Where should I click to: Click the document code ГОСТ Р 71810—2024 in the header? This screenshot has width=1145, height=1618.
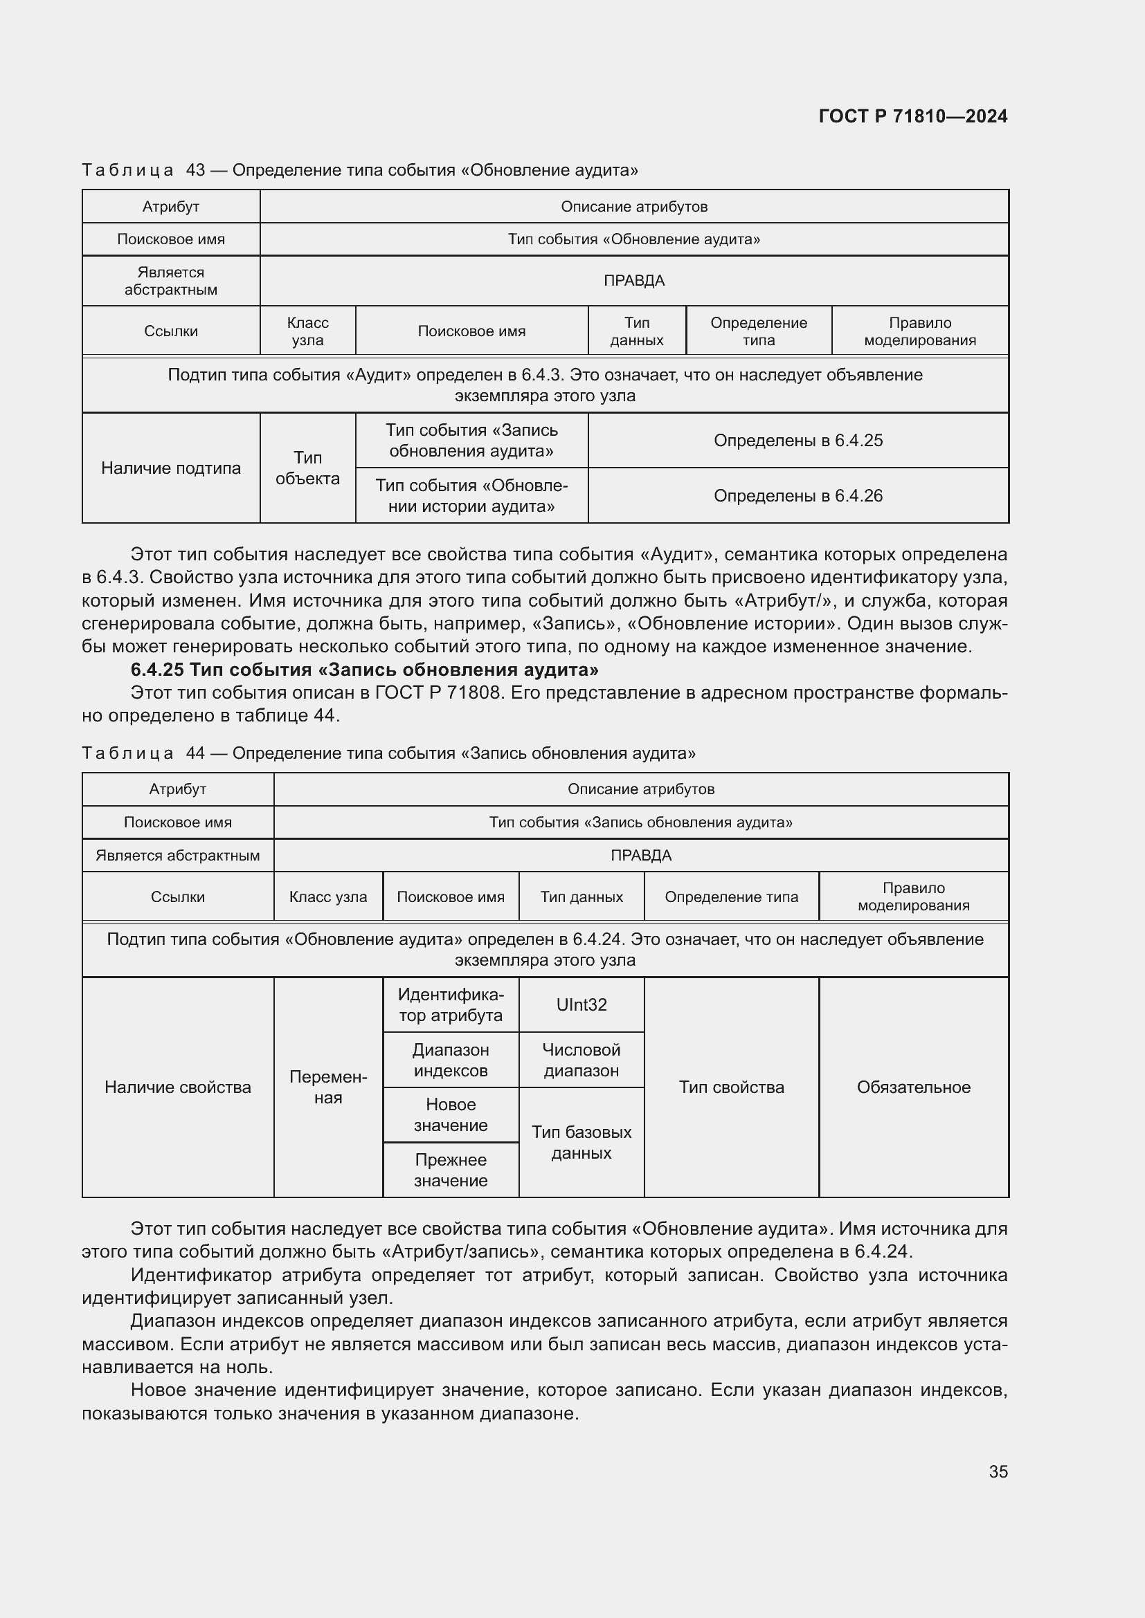coord(913,116)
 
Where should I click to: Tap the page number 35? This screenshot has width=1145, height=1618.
coord(998,1471)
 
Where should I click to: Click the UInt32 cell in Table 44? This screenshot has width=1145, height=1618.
coord(581,1005)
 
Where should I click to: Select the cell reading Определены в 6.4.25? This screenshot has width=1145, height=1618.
coord(797,441)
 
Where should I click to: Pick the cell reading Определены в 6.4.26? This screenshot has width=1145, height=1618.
coord(797,496)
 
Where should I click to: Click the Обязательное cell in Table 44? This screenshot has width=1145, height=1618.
coord(913,1087)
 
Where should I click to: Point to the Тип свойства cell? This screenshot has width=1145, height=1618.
coord(731,1087)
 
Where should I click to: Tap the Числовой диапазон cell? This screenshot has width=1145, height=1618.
coord(581,1060)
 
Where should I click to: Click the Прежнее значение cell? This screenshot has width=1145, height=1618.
coord(451,1170)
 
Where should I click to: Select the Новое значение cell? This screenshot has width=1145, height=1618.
coord(451,1115)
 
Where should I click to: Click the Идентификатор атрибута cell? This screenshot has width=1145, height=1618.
coord(451,1005)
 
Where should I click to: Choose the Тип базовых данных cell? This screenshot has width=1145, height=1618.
coord(581,1142)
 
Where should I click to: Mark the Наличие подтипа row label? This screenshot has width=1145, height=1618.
coord(170,468)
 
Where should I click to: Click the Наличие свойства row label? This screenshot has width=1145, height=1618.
coord(178,1087)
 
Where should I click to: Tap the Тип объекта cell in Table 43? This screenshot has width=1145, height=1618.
coord(307,468)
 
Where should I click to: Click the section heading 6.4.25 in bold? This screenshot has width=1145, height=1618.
coord(365,670)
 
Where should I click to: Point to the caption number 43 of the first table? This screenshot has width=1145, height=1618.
coord(195,170)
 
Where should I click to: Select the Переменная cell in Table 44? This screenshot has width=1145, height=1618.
coord(328,1087)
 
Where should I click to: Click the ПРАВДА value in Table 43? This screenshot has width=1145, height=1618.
coord(634,280)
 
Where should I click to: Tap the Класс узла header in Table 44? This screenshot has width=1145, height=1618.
coord(328,897)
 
